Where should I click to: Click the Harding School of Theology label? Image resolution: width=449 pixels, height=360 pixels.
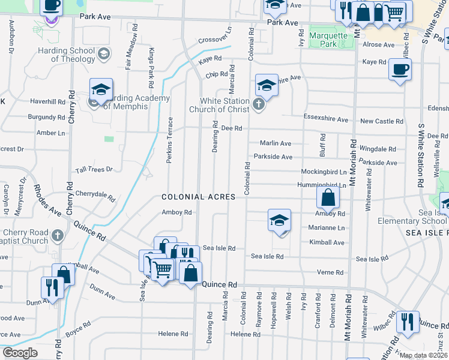(x=65, y=54)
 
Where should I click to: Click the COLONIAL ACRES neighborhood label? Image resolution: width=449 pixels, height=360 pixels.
(x=194, y=197)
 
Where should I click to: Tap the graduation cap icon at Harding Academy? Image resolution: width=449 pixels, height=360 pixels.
(x=101, y=91)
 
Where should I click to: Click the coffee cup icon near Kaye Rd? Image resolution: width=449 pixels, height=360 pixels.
(x=400, y=70)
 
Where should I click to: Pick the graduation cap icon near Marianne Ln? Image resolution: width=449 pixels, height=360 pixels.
(x=279, y=221)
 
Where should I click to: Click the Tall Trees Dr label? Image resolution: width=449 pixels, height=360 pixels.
(x=94, y=170)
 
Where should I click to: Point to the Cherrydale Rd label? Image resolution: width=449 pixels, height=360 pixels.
(x=95, y=194)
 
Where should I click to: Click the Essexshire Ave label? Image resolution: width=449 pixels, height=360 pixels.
(x=326, y=119)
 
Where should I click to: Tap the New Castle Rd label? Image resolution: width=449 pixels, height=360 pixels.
(x=382, y=121)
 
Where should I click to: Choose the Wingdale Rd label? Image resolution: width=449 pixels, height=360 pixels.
(x=378, y=149)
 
